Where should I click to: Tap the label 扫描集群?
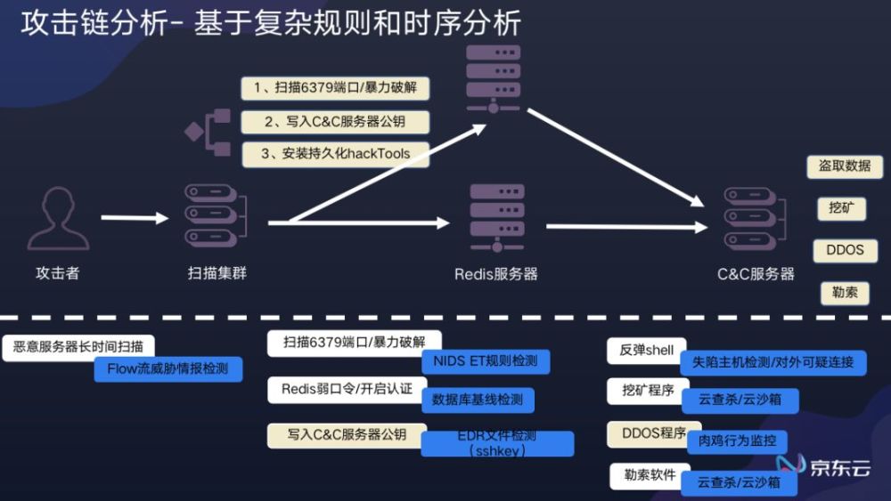(217, 273)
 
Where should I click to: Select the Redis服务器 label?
(495, 274)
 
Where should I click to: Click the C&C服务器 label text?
(756, 274)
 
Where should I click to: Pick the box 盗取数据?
(845, 166)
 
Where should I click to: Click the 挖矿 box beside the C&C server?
(842, 208)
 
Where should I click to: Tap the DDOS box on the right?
(845, 250)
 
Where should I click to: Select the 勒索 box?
(845, 293)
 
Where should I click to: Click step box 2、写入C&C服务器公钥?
(335, 122)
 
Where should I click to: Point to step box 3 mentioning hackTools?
(335, 154)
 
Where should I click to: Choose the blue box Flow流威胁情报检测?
(168, 368)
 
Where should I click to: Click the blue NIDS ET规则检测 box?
(486, 361)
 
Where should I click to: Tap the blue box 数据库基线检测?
(478, 400)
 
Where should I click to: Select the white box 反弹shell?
(647, 351)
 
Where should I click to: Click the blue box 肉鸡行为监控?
(737, 440)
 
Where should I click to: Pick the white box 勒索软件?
(650, 475)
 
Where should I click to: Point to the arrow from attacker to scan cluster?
(135, 218)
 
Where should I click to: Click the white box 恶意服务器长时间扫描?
(78, 347)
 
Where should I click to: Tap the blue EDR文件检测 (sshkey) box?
(497, 443)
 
